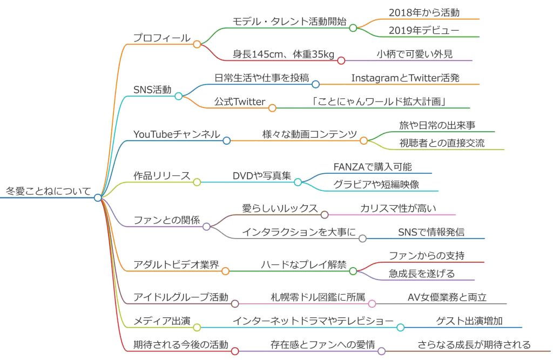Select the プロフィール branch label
162,38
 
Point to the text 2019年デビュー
424,30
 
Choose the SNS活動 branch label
152,90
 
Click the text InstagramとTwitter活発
406,78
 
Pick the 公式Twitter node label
240,101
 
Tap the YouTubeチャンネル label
177,134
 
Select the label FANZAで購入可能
373,167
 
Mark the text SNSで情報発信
431,232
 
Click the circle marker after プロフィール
197,44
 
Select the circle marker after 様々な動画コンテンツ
364,140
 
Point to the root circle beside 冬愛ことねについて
98,198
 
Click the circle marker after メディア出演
197,327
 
